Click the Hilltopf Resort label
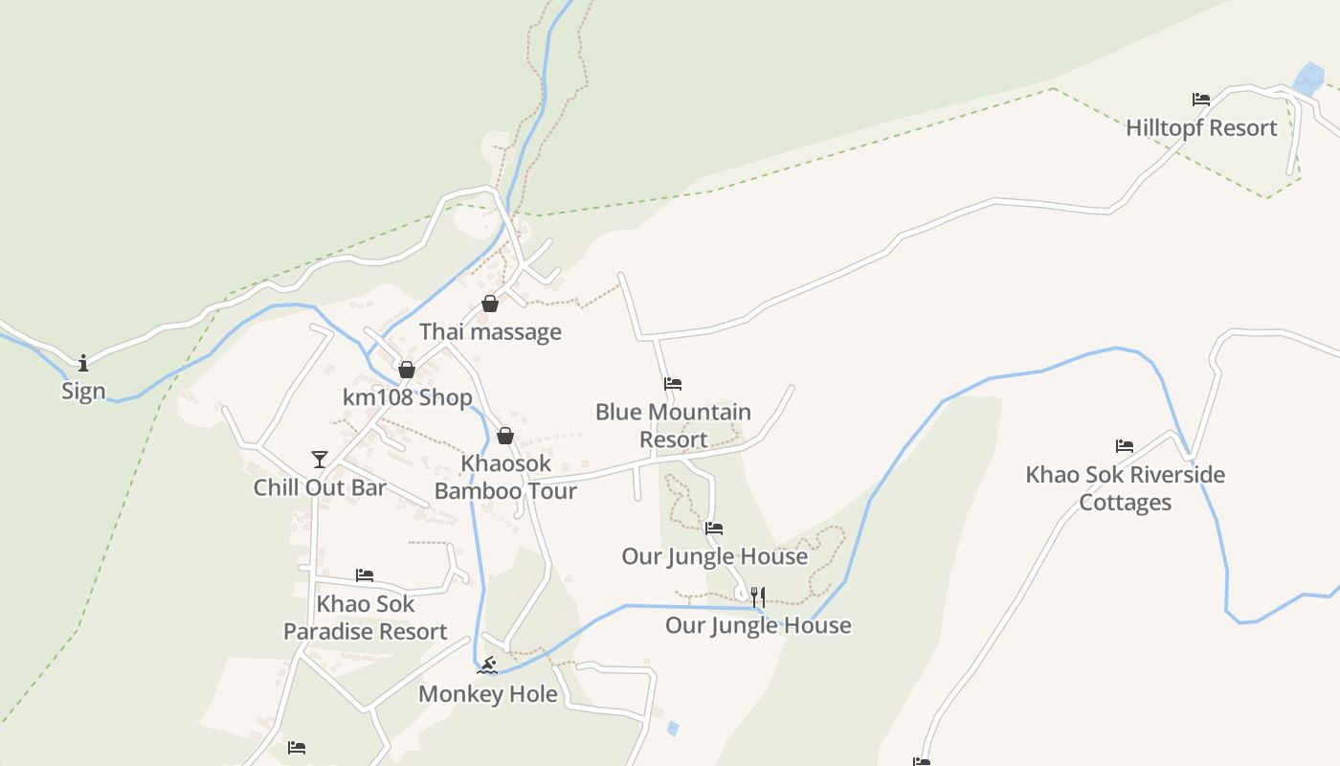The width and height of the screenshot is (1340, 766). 1201,128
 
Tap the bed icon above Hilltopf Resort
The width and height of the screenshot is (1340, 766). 1201,100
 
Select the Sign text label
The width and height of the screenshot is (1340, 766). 83,392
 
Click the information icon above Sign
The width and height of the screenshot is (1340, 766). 83,363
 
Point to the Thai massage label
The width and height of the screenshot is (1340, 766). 490,332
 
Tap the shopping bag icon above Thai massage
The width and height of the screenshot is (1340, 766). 490,304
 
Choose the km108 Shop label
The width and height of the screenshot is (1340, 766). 408,397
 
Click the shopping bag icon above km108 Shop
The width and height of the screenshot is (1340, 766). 407,370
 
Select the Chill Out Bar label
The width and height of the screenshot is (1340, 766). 320,487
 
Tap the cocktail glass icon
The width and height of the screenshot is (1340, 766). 320,460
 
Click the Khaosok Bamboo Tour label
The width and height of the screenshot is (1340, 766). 505,477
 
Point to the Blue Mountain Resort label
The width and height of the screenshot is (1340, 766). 673,426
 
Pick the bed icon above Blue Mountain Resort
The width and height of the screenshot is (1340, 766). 673,384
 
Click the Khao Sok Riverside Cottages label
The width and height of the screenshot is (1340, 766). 1125,488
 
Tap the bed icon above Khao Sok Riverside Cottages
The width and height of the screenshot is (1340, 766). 1125,446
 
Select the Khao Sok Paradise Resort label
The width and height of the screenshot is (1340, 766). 366,618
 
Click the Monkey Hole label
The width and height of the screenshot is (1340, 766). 488,694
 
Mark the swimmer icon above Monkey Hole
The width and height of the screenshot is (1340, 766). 488,665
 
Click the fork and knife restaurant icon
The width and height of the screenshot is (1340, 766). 757,597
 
